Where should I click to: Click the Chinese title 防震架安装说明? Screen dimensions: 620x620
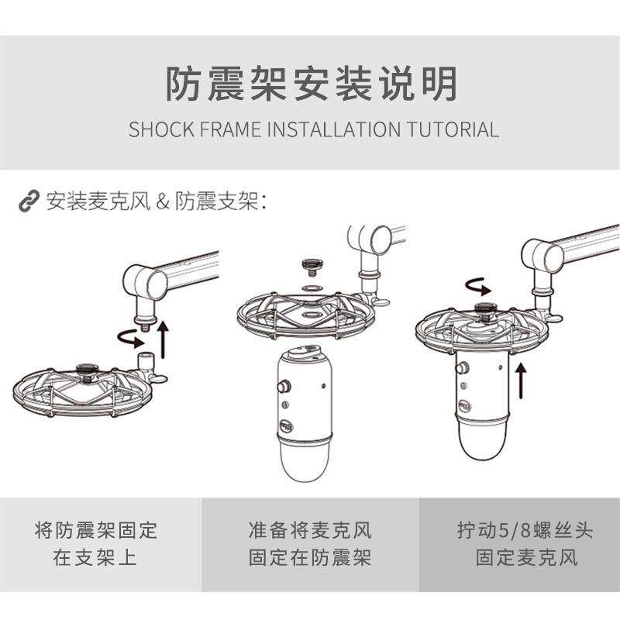(310, 84)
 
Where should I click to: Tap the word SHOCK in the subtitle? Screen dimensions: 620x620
(158, 129)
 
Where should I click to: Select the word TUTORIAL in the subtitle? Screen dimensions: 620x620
(453, 129)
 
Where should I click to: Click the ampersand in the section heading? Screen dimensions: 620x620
(162, 202)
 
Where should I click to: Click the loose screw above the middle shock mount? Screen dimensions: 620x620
(313, 268)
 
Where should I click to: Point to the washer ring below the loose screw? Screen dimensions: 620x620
(313, 288)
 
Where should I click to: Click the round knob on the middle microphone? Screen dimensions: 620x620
(284, 385)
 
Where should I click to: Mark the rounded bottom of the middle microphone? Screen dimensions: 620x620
(304, 466)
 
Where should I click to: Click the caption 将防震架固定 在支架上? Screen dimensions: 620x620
(95, 544)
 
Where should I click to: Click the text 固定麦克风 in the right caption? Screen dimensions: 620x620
(526, 558)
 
